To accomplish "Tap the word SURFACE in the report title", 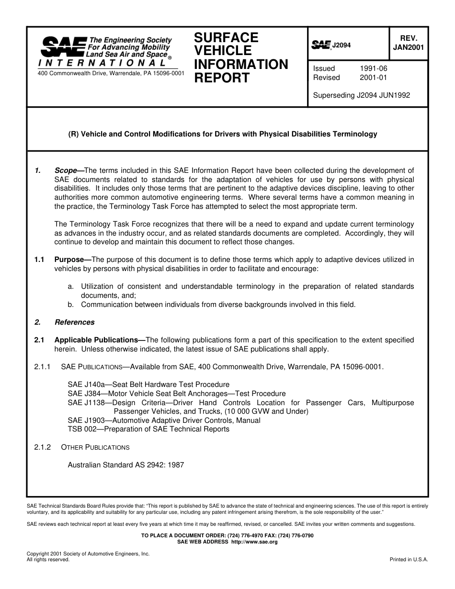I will coord(226,38).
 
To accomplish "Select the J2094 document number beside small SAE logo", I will coord(341,45).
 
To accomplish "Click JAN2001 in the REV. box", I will coord(408,47).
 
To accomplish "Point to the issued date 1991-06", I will coord(373,68).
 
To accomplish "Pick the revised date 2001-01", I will coord(373,78).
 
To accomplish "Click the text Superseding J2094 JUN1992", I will coord(361,95).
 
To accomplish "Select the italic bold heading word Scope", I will coord(66,170).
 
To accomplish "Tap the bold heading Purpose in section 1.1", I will coord(69,260).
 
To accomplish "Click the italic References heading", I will coord(74,322).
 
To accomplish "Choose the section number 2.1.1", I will coord(43,367).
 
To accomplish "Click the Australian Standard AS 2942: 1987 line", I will coord(126,464).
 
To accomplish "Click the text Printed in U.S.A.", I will coord(409,559).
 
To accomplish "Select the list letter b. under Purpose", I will coord(71,305).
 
